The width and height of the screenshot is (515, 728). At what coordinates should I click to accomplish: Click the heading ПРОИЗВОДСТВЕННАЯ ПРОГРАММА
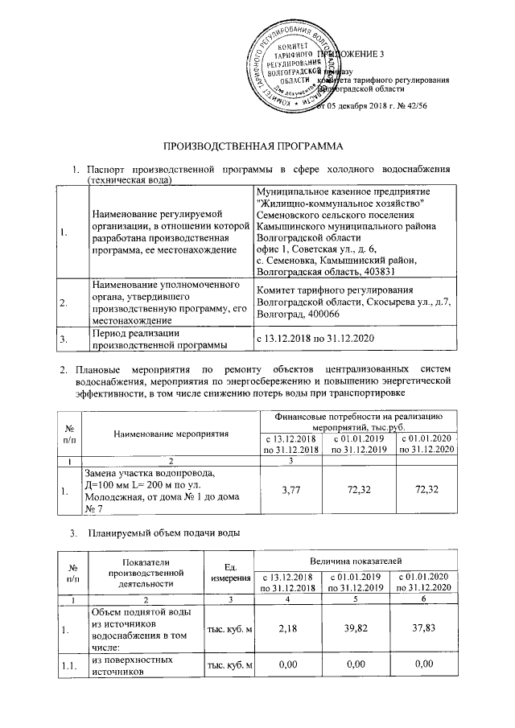tap(253, 146)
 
